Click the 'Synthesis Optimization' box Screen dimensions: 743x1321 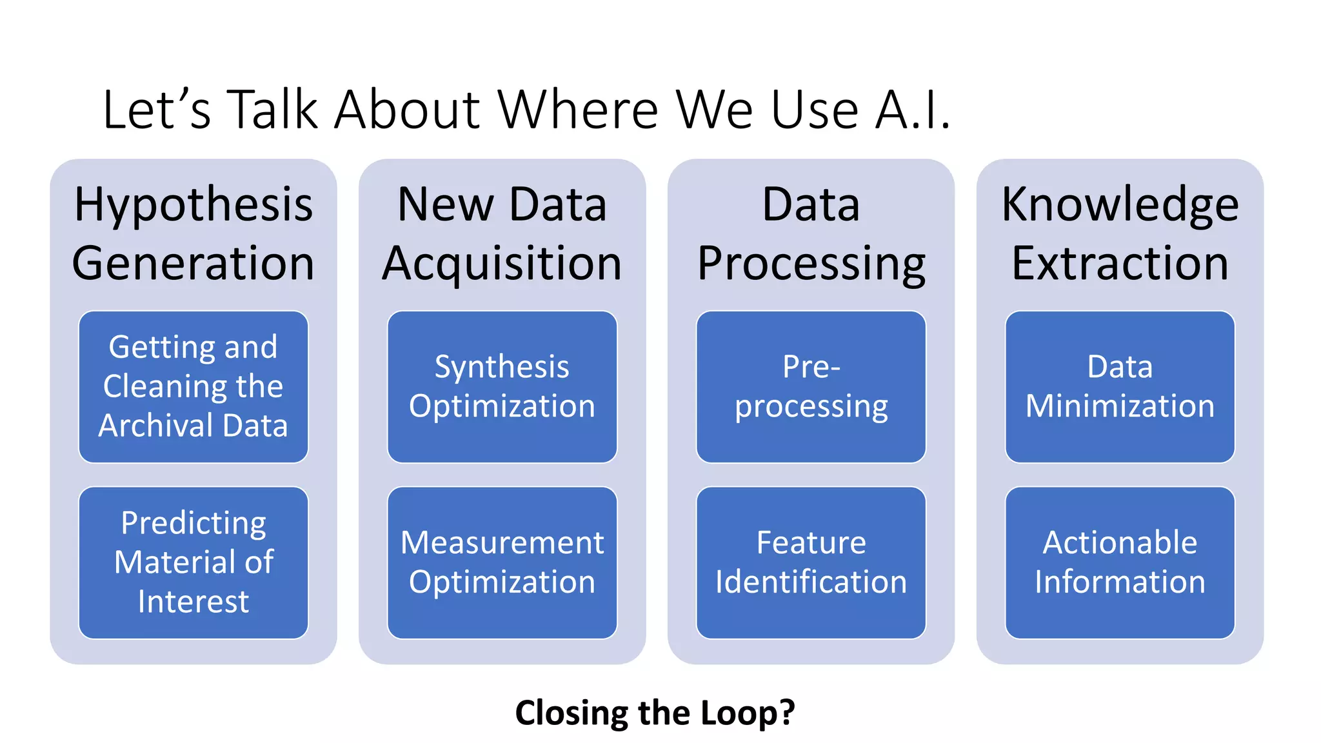(x=502, y=387)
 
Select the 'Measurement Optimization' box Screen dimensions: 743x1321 (x=502, y=562)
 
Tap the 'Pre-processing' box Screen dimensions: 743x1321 (x=811, y=387)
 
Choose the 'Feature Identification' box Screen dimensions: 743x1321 (x=811, y=562)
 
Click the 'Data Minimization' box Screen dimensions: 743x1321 (x=1120, y=387)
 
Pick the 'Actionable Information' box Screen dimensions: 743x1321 (x=1120, y=562)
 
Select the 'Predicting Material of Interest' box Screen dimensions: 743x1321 (x=194, y=562)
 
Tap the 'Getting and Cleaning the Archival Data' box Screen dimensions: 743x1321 (x=194, y=387)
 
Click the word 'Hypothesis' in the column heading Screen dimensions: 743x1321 (x=194, y=205)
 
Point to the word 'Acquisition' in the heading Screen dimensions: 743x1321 (x=502, y=264)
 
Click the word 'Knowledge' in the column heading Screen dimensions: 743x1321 (x=1120, y=205)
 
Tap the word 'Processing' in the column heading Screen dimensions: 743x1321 (x=811, y=264)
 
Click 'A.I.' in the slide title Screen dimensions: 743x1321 (x=912, y=110)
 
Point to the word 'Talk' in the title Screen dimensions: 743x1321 (x=273, y=110)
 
